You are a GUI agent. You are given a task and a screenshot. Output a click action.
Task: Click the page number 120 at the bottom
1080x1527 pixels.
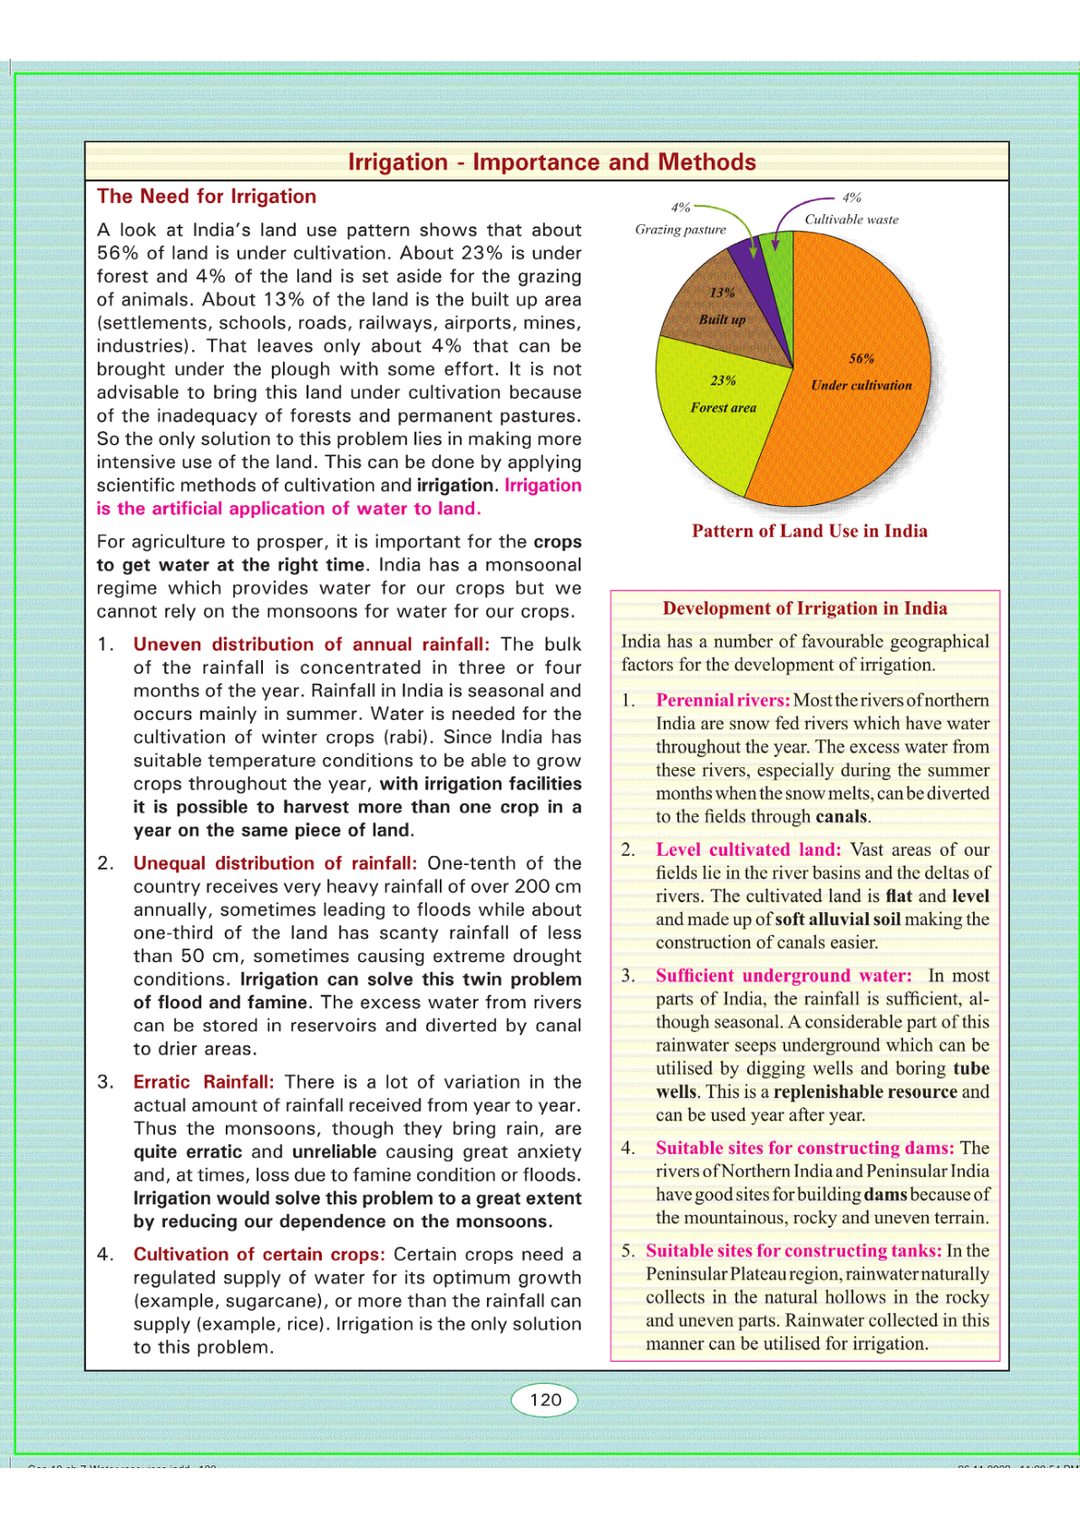point(545,1399)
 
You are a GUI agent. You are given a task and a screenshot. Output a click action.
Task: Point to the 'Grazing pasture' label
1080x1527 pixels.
point(680,229)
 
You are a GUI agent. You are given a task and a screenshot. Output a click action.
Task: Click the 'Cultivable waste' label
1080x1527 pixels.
point(851,219)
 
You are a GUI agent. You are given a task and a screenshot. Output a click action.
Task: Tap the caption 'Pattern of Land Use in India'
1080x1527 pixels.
point(809,531)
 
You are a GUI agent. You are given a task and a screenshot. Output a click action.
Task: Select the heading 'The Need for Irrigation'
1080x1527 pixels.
point(207,197)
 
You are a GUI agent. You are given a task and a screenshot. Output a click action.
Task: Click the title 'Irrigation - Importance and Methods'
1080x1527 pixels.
point(551,162)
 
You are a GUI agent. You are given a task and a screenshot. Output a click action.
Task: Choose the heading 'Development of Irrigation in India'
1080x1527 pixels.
point(804,608)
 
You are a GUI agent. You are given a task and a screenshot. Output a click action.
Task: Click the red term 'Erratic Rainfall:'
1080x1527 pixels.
point(203,1082)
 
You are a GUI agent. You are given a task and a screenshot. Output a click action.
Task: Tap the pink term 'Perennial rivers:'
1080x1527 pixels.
point(723,700)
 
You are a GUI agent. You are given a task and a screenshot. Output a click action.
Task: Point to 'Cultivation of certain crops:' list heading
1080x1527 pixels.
point(258,1254)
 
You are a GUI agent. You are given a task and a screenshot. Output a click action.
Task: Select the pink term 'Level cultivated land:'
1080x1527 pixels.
point(748,850)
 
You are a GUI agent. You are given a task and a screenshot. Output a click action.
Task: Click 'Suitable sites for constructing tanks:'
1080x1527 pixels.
point(793,1250)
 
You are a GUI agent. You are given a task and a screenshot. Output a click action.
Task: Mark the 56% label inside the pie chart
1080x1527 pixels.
point(861,359)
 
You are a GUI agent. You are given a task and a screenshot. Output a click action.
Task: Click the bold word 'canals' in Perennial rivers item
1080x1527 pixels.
point(842,816)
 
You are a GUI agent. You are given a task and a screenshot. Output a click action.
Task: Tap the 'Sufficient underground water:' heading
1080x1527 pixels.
point(783,976)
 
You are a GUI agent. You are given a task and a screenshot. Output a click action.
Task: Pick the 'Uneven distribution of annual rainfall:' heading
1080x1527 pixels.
point(311,644)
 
